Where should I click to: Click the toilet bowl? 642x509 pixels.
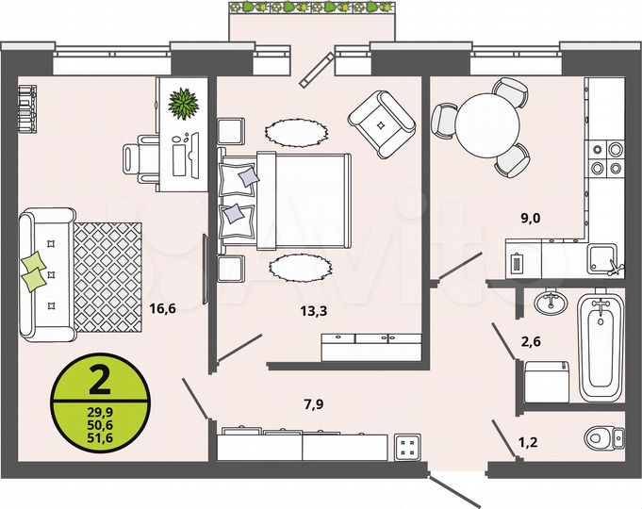pos(603,437)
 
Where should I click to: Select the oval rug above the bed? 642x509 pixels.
pos(294,131)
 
